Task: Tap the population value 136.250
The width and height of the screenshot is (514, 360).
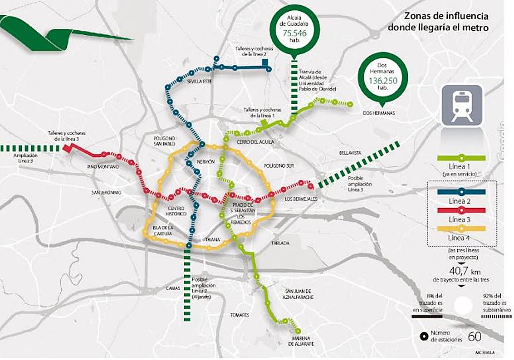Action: pyautogui.click(x=383, y=80)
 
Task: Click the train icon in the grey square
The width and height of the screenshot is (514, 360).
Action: pyautogui.click(x=462, y=105)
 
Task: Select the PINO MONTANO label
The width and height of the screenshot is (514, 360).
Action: pyautogui.click(x=102, y=166)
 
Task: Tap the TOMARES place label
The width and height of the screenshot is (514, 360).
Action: pyautogui.click(x=239, y=315)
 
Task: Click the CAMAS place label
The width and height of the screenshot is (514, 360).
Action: pyautogui.click(x=173, y=289)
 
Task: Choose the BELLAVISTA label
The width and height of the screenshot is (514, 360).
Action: pyautogui.click(x=350, y=153)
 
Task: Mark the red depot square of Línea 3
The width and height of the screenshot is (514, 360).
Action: pyautogui.click(x=67, y=148)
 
